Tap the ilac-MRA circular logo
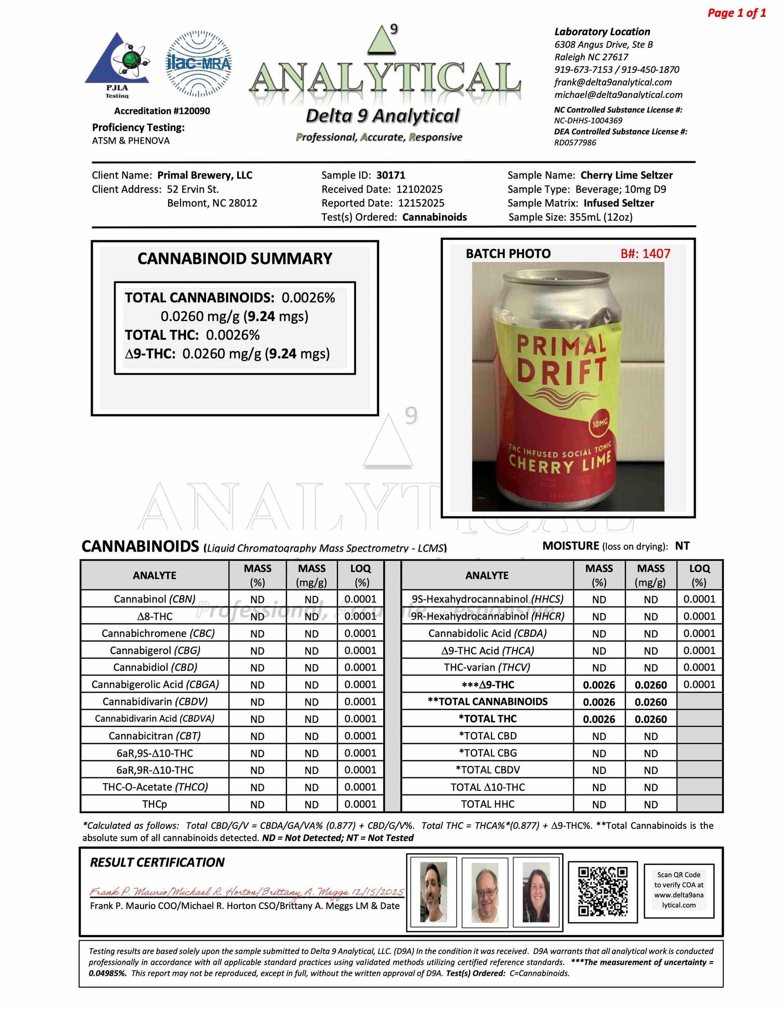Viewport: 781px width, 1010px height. pyautogui.click(x=198, y=63)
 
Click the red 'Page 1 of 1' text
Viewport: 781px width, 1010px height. pyautogui.click(x=736, y=13)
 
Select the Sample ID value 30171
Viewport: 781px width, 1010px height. pyautogui.click(x=391, y=175)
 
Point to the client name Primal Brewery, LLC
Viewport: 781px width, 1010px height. pyautogui.click(x=205, y=175)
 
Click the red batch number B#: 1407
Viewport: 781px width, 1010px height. pyautogui.click(x=645, y=254)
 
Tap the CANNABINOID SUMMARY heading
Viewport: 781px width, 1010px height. pyautogui.click(x=234, y=259)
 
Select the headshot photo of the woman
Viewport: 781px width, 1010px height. pyautogui.click(x=536, y=892)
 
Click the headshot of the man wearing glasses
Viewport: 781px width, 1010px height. pyautogui.click(x=485, y=892)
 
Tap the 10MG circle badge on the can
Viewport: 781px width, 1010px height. pyautogui.click(x=600, y=423)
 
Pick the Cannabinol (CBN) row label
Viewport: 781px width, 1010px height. pyautogui.click(x=155, y=599)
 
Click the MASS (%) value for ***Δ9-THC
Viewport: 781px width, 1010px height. pyautogui.click(x=599, y=685)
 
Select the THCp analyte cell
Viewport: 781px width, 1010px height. pyautogui.click(x=155, y=804)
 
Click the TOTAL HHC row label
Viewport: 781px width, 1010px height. pyautogui.click(x=487, y=804)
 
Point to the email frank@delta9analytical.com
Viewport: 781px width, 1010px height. pyautogui.click(x=613, y=82)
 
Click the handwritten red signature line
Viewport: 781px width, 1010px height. pyautogui.click(x=246, y=892)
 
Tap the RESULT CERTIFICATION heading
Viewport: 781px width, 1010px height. pyautogui.click(x=157, y=862)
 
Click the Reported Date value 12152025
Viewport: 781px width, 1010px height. pyautogui.click(x=421, y=203)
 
